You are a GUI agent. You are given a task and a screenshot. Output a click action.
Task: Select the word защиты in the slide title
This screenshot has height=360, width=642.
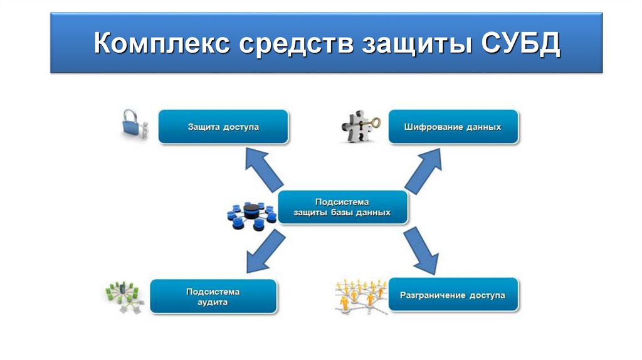[x=414, y=45]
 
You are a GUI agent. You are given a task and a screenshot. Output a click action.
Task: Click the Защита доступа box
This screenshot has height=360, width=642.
[x=223, y=127]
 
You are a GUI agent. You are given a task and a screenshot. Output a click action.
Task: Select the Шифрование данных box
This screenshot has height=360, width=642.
[x=453, y=127]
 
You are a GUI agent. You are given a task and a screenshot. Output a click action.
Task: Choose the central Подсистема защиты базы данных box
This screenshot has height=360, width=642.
[x=342, y=208]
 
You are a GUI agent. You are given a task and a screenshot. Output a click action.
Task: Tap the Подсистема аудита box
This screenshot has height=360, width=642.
[x=213, y=297]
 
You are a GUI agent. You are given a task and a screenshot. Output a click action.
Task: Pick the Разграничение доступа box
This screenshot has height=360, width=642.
[x=453, y=295]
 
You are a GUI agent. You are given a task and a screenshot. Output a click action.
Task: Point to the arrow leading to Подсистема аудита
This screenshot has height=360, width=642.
[x=264, y=250]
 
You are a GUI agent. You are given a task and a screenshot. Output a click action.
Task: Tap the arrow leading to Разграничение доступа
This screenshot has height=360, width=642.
[x=421, y=250]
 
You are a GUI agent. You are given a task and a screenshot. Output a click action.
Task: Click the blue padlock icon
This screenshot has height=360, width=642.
[x=132, y=124]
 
